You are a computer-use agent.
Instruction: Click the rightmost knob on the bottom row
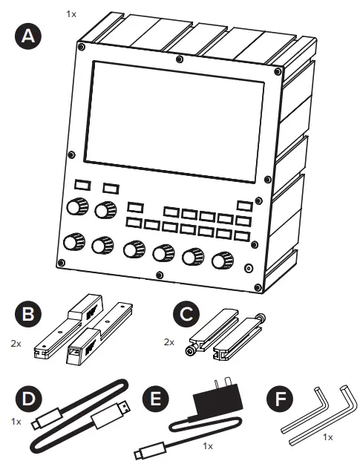pos(221,261)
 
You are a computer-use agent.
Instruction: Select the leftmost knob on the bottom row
pos(73,243)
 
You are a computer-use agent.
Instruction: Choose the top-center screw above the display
pos(177,59)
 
